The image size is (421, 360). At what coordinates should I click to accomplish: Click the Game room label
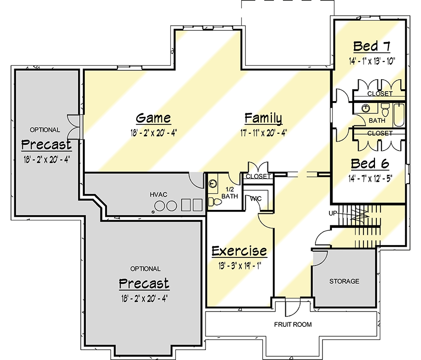(154, 118)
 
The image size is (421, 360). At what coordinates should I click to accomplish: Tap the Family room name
(263, 118)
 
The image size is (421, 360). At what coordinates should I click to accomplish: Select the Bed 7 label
(371, 47)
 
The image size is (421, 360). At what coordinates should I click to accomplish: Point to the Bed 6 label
(369, 164)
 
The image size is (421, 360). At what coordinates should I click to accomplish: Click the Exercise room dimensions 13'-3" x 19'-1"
(239, 265)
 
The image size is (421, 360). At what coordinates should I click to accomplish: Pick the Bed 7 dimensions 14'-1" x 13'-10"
(371, 61)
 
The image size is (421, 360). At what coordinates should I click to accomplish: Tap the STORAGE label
(344, 281)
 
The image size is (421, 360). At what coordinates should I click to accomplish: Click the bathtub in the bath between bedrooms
(399, 114)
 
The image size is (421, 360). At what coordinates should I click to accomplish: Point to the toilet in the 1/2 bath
(214, 202)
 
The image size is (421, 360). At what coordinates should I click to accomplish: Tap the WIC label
(256, 199)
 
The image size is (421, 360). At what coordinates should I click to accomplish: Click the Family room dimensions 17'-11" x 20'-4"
(263, 133)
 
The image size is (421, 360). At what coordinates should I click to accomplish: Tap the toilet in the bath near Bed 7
(385, 108)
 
